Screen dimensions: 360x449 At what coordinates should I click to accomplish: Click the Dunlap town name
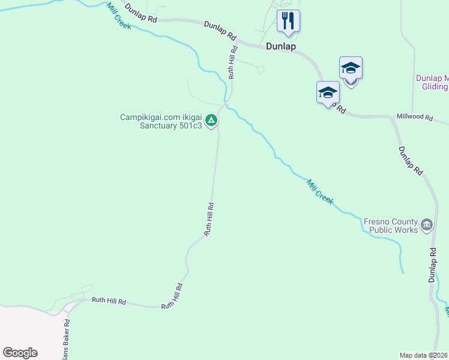[281, 46]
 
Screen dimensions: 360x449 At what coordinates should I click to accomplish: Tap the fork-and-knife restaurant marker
[288, 20]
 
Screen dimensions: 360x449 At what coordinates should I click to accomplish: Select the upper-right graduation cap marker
[351, 68]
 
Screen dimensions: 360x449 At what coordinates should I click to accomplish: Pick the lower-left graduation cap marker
[328, 92]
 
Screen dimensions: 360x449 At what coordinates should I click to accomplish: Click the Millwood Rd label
[414, 118]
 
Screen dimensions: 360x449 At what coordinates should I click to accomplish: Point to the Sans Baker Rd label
[67, 339]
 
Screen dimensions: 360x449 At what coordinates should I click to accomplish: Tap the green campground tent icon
[211, 121]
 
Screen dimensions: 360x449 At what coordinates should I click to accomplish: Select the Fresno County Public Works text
[390, 226]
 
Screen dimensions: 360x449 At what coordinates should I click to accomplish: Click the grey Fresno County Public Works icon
[427, 225]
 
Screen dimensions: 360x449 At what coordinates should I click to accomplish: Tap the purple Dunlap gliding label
[432, 83]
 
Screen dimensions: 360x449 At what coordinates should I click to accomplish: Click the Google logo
[20, 353]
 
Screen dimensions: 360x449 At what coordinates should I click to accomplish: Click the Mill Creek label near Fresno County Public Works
[320, 192]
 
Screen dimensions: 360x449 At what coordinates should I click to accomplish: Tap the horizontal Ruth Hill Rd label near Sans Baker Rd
[109, 301]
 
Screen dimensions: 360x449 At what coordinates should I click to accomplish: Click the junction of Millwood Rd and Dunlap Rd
[392, 118]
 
